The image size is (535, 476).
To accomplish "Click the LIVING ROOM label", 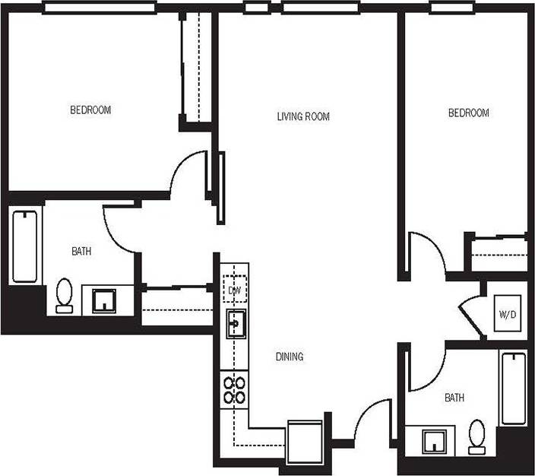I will tap(303, 116).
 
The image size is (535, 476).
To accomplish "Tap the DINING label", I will tap(289, 356).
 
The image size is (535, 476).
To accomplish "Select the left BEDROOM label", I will tap(90, 110).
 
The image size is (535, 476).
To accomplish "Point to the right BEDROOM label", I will tap(468, 113).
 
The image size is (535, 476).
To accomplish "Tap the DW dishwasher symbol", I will tap(234, 290).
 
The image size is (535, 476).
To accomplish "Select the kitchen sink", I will tap(234, 325).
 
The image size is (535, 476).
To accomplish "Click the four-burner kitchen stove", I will tap(234, 389).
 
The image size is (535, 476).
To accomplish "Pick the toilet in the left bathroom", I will tap(64, 295).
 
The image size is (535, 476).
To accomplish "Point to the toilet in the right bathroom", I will tap(477, 436).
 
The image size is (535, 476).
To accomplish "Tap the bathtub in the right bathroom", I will tap(513, 387).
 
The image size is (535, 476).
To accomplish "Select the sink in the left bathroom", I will tap(104, 300).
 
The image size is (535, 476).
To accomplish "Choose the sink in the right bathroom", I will tap(433, 441).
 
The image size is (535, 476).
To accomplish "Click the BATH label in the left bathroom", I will tap(81, 252).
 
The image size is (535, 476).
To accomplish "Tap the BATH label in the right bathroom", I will tap(454, 398).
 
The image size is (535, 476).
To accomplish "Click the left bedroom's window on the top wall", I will tap(99, 8).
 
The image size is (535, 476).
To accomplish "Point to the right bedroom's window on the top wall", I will tap(453, 8).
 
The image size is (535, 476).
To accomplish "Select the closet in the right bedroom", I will tap(498, 254).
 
